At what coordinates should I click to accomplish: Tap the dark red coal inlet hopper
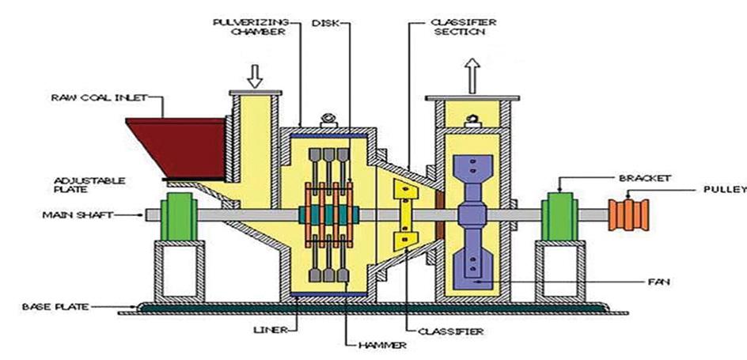(x=174, y=142)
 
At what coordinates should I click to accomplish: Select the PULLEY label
(x=723, y=190)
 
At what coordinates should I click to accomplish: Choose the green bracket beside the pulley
(x=558, y=216)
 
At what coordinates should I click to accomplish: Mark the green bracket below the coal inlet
(x=179, y=216)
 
